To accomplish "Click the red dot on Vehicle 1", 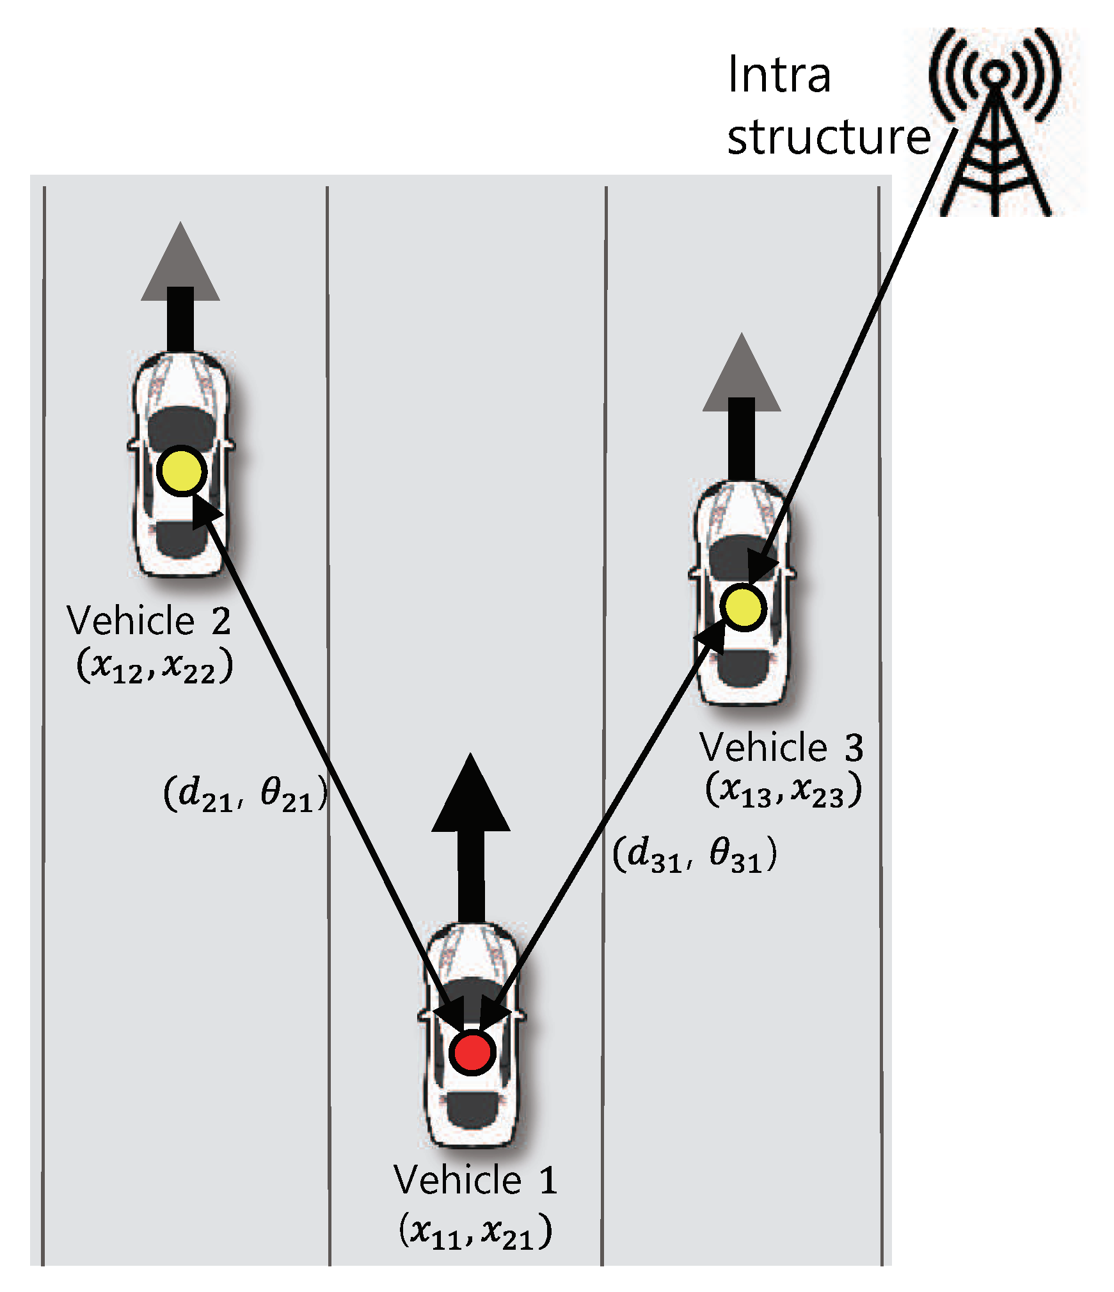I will click(x=472, y=1051).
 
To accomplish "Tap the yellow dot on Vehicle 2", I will click(x=182, y=471).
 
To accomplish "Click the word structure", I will click(x=828, y=137).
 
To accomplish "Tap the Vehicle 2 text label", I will click(x=148, y=621).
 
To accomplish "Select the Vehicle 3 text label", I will click(x=781, y=747).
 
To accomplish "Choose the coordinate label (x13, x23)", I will click(x=783, y=791).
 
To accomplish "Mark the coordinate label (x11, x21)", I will click(x=475, y=1231).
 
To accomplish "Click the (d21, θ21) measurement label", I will click(x=246, y=795).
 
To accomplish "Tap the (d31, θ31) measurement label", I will click(x=695, y=855).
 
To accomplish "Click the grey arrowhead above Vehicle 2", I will click(x=180, y=266).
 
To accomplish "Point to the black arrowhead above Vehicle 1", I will click(x=471, y=797).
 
